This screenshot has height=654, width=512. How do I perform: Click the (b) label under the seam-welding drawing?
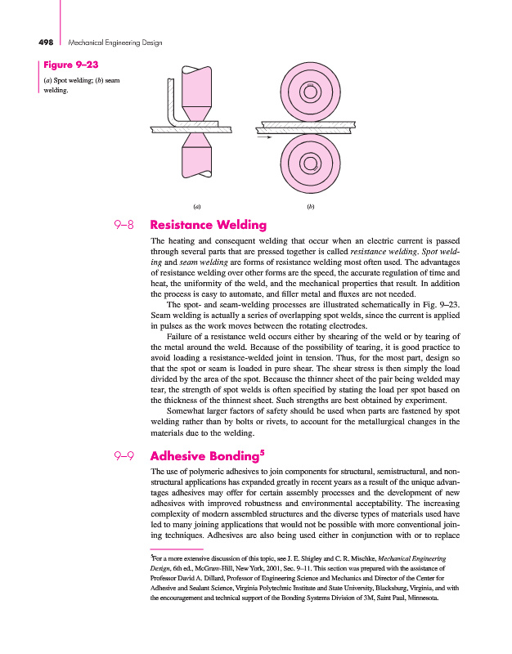(x=310, y=206)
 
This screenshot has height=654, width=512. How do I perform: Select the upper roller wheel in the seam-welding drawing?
(x=310, y=92)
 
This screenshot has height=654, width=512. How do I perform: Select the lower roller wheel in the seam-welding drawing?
(x=310, y=163)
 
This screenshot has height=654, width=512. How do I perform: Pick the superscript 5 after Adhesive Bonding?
(x=263, y=452)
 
